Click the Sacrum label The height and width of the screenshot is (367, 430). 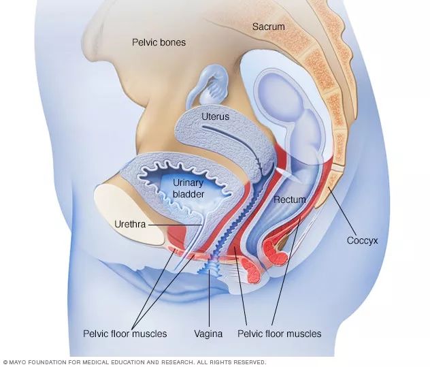(268, 27)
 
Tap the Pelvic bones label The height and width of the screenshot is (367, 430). (159, 42)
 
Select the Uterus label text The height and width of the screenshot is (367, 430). (215, 116)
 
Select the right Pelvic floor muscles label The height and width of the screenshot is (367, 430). (279, 334)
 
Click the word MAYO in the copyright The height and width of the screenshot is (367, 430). (19, 362)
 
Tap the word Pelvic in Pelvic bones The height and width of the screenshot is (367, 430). (145, 42)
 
